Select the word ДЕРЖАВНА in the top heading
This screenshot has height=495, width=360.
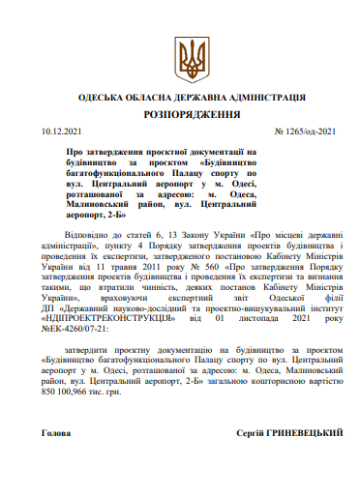tap(190, 99)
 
